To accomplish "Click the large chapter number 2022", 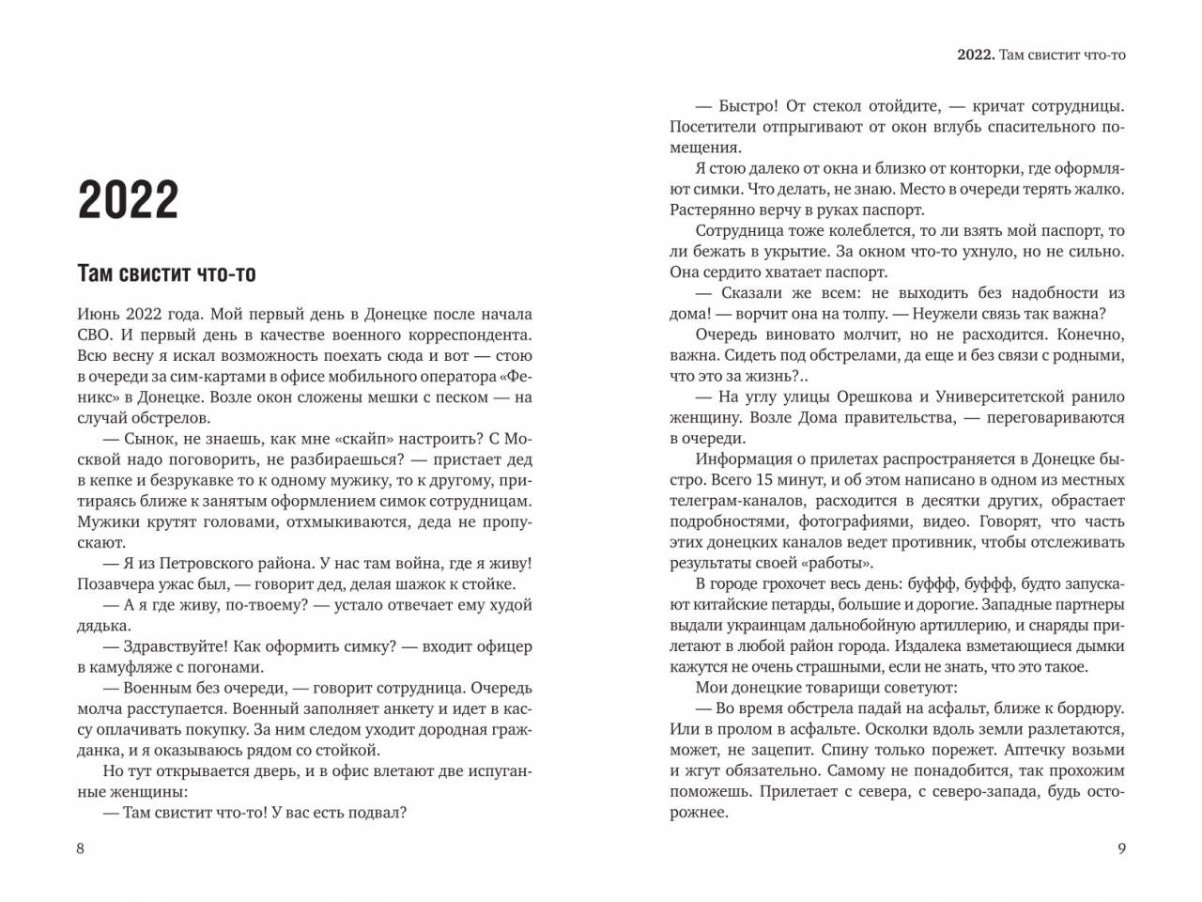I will tap(128, 199).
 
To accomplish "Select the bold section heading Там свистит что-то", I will tap(166, 273).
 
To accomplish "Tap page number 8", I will tap(81, 848).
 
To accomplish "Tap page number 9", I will tap(1121, 848).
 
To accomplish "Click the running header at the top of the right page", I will tap(1041, 55).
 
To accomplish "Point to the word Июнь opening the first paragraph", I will tap(98, 315).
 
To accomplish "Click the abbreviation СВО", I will tap(96, 335).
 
